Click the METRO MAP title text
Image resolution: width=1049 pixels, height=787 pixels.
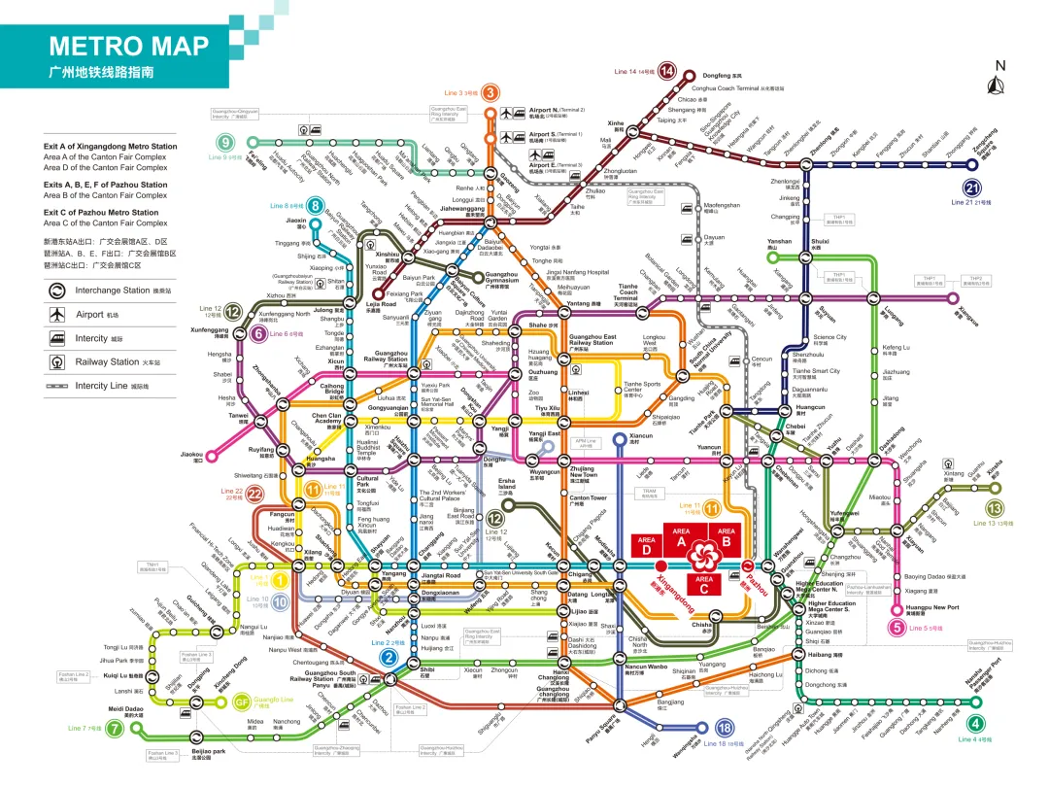pyautogui.click(x=128, y=46)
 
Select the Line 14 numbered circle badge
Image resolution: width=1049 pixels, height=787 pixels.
pyautogui.click(x=667, y=71)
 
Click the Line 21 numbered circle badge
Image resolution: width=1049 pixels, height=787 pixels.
pyautogui.click(x=971, y=188)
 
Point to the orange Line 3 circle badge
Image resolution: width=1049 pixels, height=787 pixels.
pyautogui.click(x=491, y=93)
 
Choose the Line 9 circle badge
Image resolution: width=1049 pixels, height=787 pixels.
pyautogui.click(x=225, y=143)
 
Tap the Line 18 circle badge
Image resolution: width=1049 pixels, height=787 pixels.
pyautogui.click(x=723, y=728)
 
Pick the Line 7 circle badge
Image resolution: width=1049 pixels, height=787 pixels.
pyautogui.click(x=114, y=728)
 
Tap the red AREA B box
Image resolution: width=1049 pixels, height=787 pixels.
pyautogui.click(x=726, y=535)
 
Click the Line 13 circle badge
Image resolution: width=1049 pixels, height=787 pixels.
pyautogui.click(x=994, y=508)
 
